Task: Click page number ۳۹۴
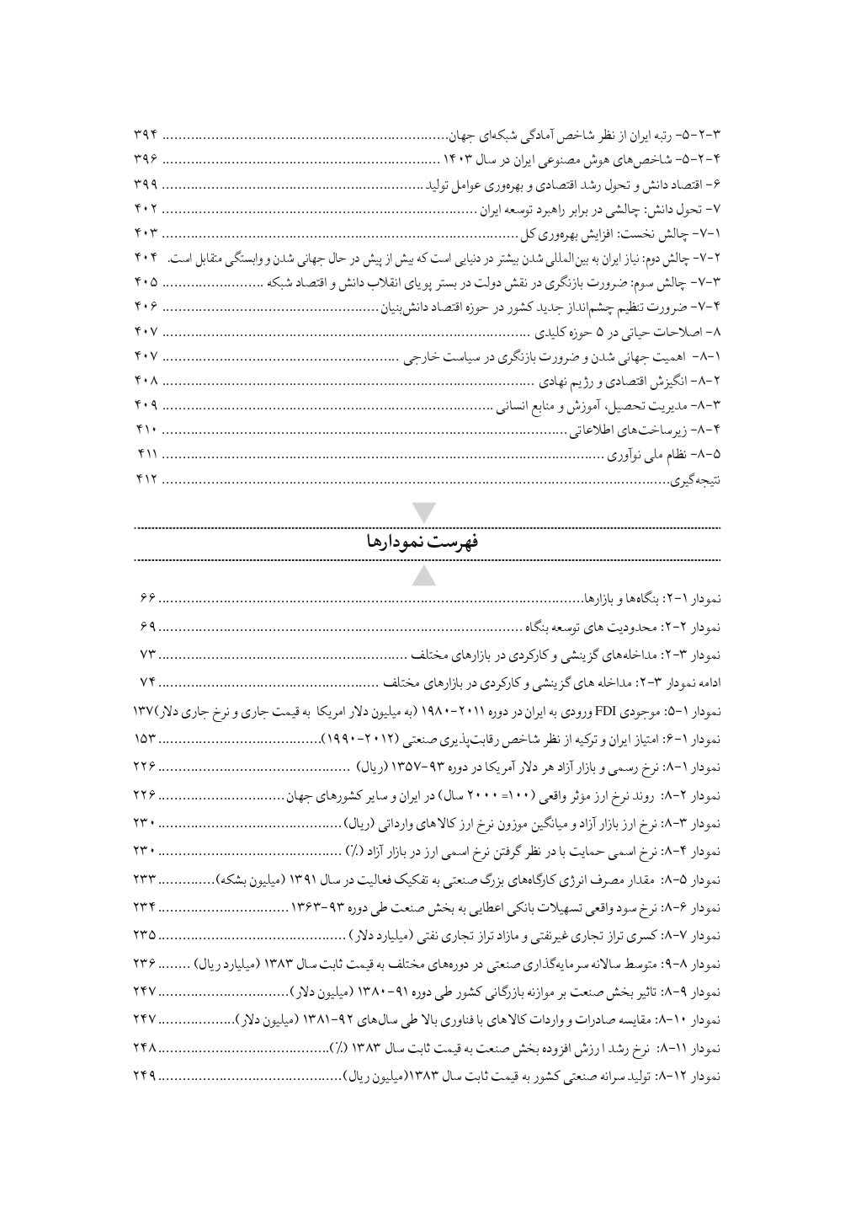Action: point(146,135)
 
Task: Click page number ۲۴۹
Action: point(146,1076)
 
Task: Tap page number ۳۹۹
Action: point(146,183)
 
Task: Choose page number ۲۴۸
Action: point(146,1051)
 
